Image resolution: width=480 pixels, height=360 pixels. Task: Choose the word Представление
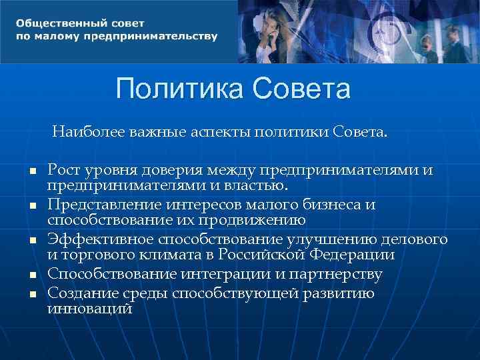coord(107,205)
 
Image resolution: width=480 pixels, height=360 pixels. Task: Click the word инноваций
coord(89,309)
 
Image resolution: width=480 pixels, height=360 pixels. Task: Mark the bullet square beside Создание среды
coord(31,294)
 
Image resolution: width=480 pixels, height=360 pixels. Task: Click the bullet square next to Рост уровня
coord(31,171)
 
